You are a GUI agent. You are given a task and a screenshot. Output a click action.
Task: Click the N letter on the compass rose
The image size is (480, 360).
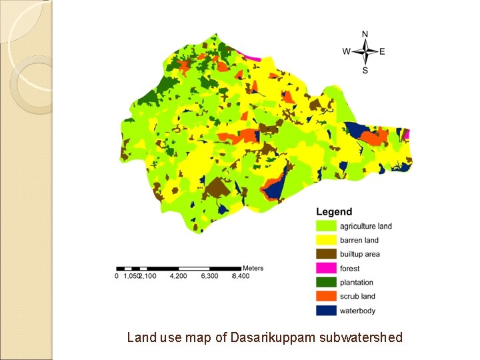point(365,34)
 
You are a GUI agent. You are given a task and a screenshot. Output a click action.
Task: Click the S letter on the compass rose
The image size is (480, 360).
point(365,70)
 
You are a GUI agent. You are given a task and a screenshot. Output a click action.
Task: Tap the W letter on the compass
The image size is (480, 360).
point(347,52)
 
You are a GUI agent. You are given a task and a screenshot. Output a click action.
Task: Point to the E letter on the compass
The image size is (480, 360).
point(382,52)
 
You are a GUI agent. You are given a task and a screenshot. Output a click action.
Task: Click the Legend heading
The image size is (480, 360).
point(334,213)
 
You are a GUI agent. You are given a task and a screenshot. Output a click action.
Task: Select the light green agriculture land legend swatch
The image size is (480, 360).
point(326,226)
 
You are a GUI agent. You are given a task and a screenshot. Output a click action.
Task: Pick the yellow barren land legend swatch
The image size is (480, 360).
point(326,240)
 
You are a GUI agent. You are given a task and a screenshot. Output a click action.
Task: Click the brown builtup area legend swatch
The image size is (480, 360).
point(326,254)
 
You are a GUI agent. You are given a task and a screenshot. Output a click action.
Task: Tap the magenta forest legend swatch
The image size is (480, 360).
point(326,268)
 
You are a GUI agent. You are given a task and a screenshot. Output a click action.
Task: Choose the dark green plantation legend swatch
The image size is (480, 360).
point(326,282)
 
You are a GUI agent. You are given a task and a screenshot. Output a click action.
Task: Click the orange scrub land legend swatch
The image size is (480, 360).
point(326,296)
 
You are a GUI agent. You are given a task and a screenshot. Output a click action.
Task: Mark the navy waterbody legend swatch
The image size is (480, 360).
point(326,310)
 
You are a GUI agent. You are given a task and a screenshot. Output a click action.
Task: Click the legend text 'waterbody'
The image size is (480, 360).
point(358,311)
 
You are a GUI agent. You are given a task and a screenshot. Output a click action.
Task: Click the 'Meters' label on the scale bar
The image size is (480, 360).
point(253,268)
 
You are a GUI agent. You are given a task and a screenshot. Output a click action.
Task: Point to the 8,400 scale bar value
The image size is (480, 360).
point(240,276)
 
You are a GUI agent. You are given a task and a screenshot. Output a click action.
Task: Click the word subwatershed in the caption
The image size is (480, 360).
point(361,338)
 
